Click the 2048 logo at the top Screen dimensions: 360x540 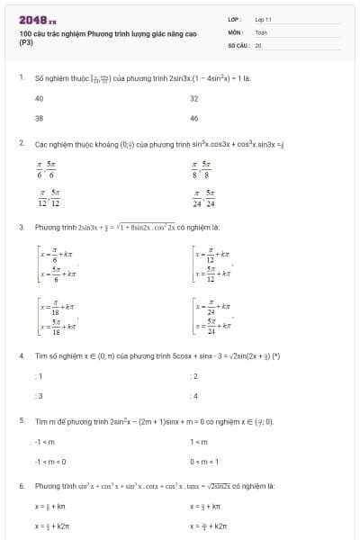[37, 18]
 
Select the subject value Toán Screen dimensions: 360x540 [261, 31]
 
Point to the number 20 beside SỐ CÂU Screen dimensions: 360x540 [258, 44]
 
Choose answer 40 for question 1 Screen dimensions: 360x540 [39, 98]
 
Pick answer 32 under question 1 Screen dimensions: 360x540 [194, 98]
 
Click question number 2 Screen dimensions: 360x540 [21, 143]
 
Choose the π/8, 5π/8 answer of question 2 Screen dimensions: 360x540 [202, 168]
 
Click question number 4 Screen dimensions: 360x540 [21, 355]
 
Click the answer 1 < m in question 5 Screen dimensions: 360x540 [198, 441]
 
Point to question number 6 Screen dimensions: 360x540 [21, 486]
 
